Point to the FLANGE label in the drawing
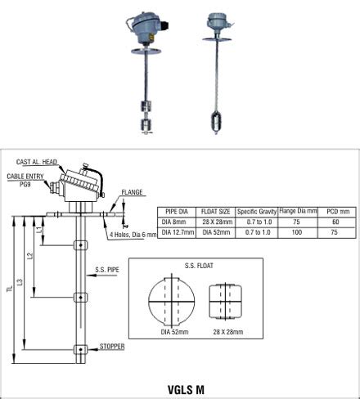132,193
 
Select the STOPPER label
111,346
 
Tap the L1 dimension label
39,232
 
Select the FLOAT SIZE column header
215,211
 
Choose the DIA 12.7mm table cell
176,231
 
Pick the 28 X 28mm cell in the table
215,222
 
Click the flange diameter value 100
298,231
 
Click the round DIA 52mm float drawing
173,300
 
